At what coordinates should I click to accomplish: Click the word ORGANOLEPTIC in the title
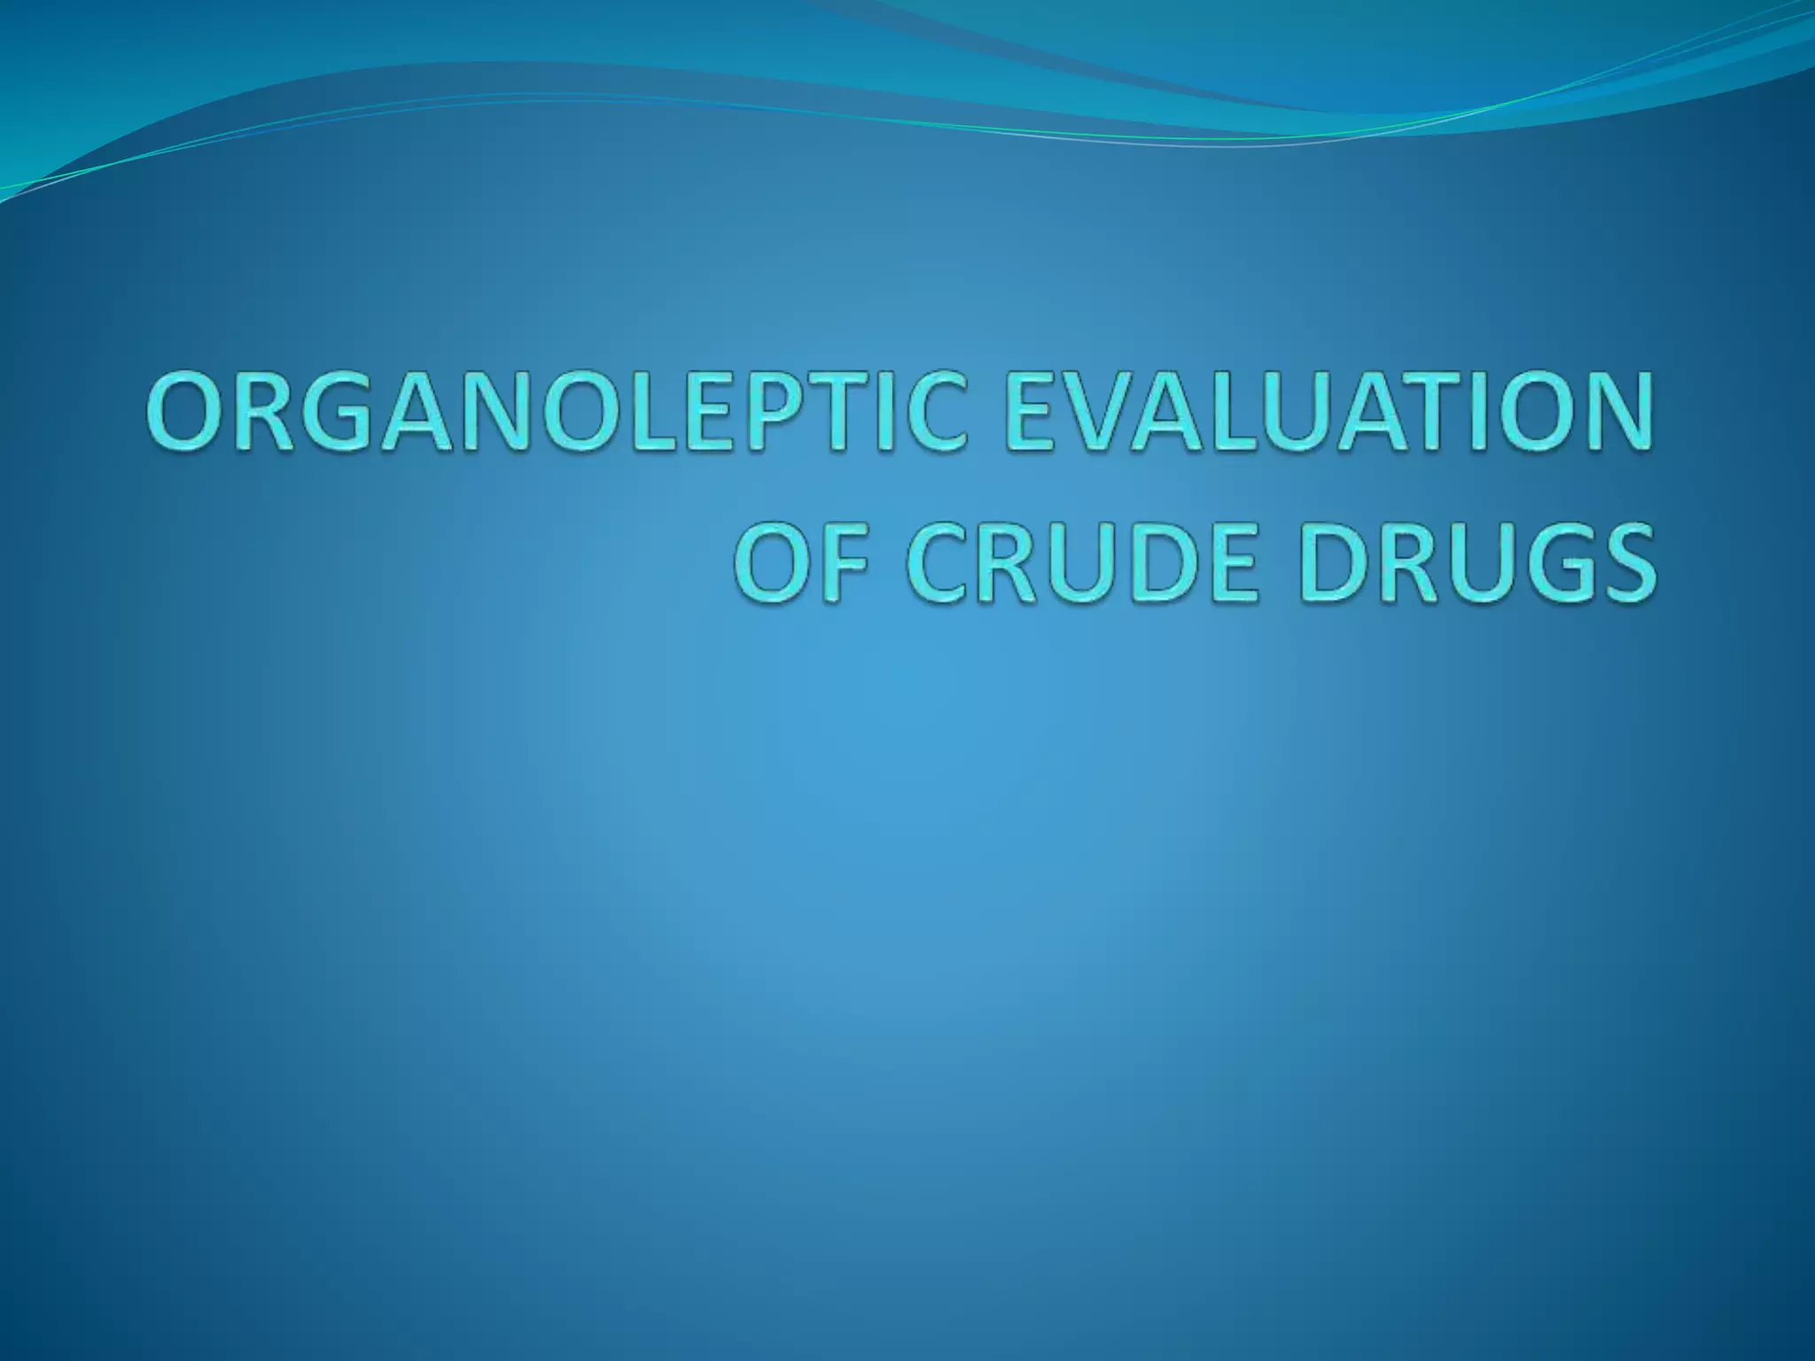554,415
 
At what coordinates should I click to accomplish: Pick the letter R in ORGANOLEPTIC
262,415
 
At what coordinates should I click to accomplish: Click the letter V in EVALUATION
1099,415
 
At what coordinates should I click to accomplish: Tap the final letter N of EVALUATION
1613,415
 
